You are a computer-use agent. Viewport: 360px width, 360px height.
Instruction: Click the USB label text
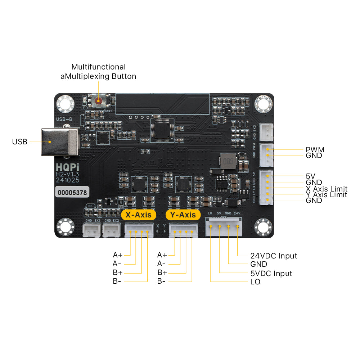pyautogui.click(x=19, y=142)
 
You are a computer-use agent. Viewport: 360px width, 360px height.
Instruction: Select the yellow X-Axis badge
pyautogui.click(x=139, y=215)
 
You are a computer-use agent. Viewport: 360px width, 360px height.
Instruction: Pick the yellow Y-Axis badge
pyautogui.click(x=183, y=215)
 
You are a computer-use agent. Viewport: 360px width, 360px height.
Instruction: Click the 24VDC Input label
pyautogui.click(x=274, y=256)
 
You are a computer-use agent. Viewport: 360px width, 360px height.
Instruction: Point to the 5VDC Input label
pyautogui.click(x=271, y=274)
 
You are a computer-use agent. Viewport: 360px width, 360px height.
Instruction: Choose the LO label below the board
pyautogui.click(x=255, y=282)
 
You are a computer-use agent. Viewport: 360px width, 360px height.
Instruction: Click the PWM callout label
pyautogui.click(x=315, y=149)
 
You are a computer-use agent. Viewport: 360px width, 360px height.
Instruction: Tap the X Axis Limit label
pyautogui.click(x=327, y=189)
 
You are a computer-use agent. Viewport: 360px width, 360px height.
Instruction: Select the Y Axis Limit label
pyautogui.click(x=327, y=195)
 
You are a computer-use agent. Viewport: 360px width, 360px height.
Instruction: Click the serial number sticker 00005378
pyautogui.click(x=72, y=193)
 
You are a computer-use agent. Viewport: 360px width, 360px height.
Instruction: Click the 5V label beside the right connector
pyautogui.click(x=310, y=176)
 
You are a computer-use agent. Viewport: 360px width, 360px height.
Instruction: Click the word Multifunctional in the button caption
pyautogui.click(x=98, y=67)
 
